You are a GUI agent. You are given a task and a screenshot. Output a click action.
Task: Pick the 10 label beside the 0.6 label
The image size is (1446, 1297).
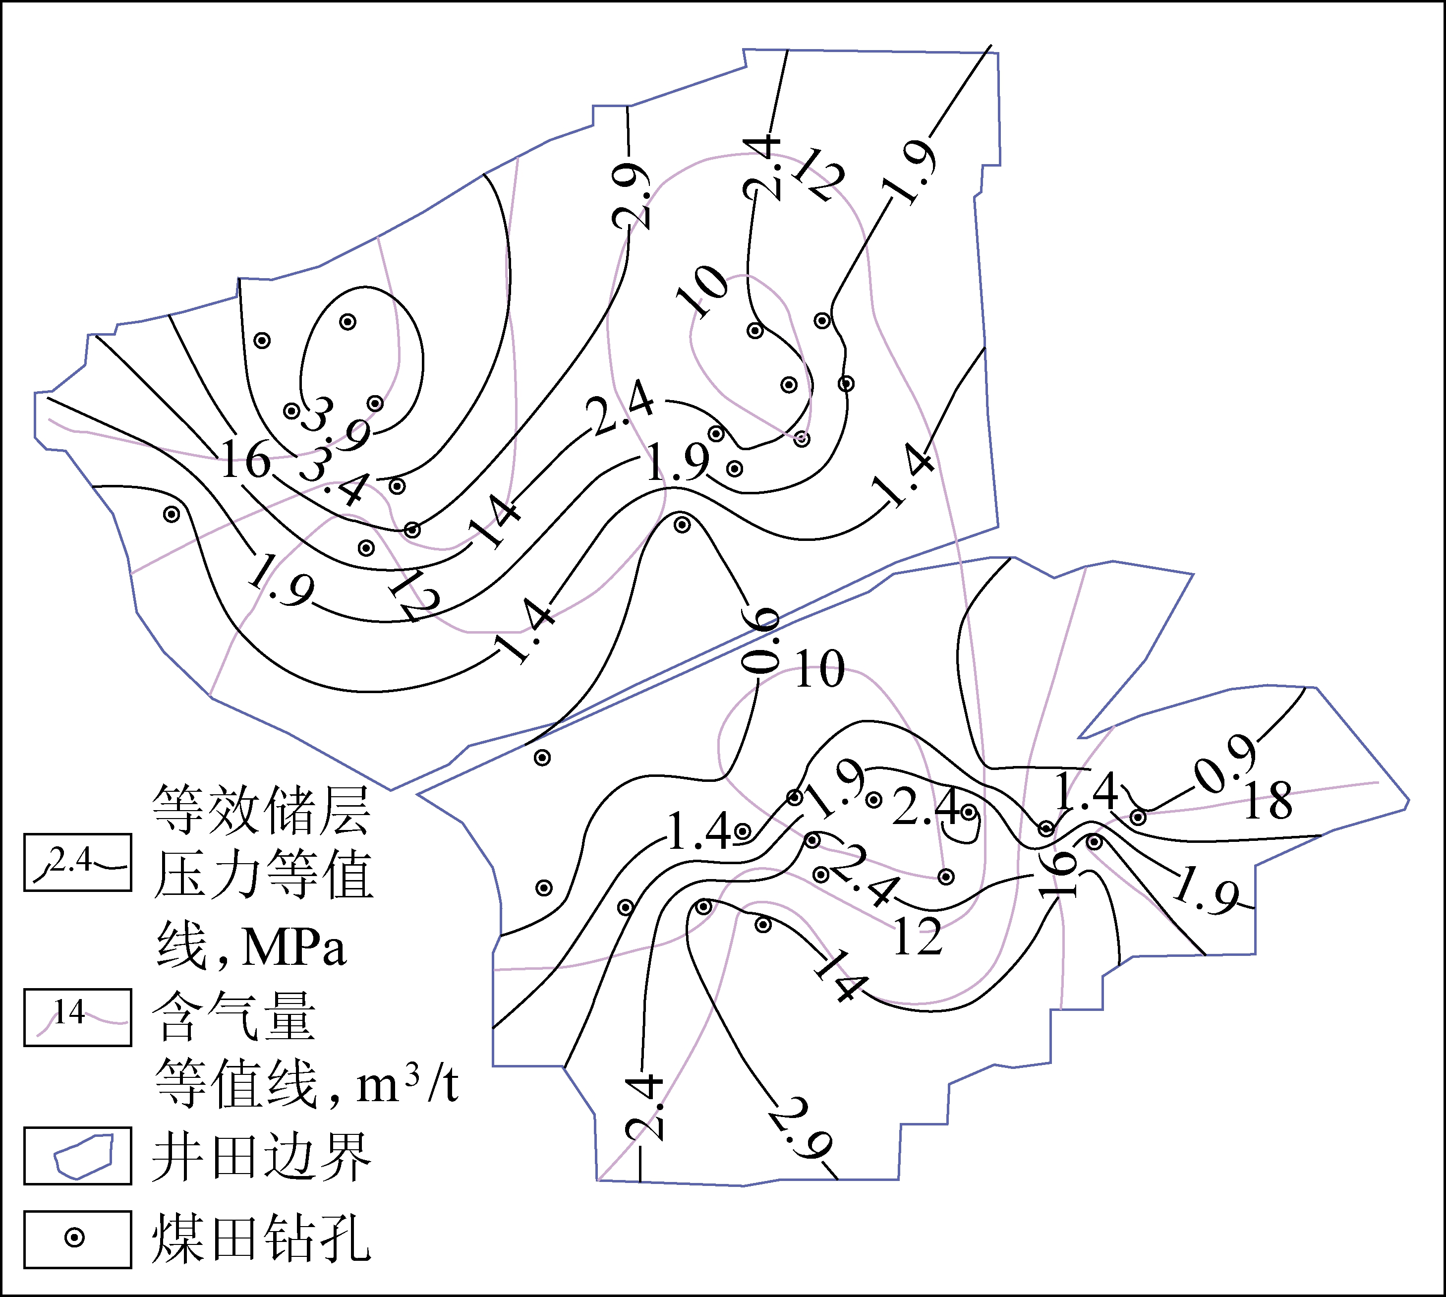[x=819, y=669]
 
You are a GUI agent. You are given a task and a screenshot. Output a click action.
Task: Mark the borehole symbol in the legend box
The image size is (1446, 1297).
[x=75, y=1238]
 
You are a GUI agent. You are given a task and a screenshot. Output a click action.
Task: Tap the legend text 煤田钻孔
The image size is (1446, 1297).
[x=262, y=1238]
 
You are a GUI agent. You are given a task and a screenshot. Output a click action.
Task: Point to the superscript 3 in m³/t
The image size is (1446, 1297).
[x=412, y=1075]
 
